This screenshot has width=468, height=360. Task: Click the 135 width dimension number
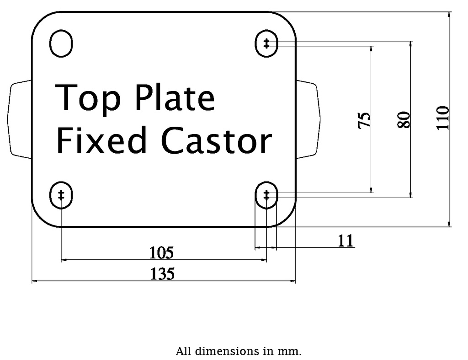(x=162, y=274)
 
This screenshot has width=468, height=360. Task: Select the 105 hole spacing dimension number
(x=162, y=252)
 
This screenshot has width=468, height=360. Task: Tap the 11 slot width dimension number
(x=346, y=240)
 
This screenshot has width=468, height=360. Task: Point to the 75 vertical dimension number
(x=364, y=120)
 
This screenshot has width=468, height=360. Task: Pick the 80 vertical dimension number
(x=404, y=120)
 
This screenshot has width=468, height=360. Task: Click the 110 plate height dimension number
(x=442, y=118)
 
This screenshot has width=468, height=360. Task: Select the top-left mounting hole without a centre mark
(x=61, y=44)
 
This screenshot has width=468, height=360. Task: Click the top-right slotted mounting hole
(x=266, y=44)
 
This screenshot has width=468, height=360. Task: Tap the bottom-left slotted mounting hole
(x=61, y=195)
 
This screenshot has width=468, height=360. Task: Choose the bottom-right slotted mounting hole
(x=266, y=195)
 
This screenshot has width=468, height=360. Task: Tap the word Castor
(x=217, y=141)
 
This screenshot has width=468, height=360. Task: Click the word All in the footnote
(x=184, y=351)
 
